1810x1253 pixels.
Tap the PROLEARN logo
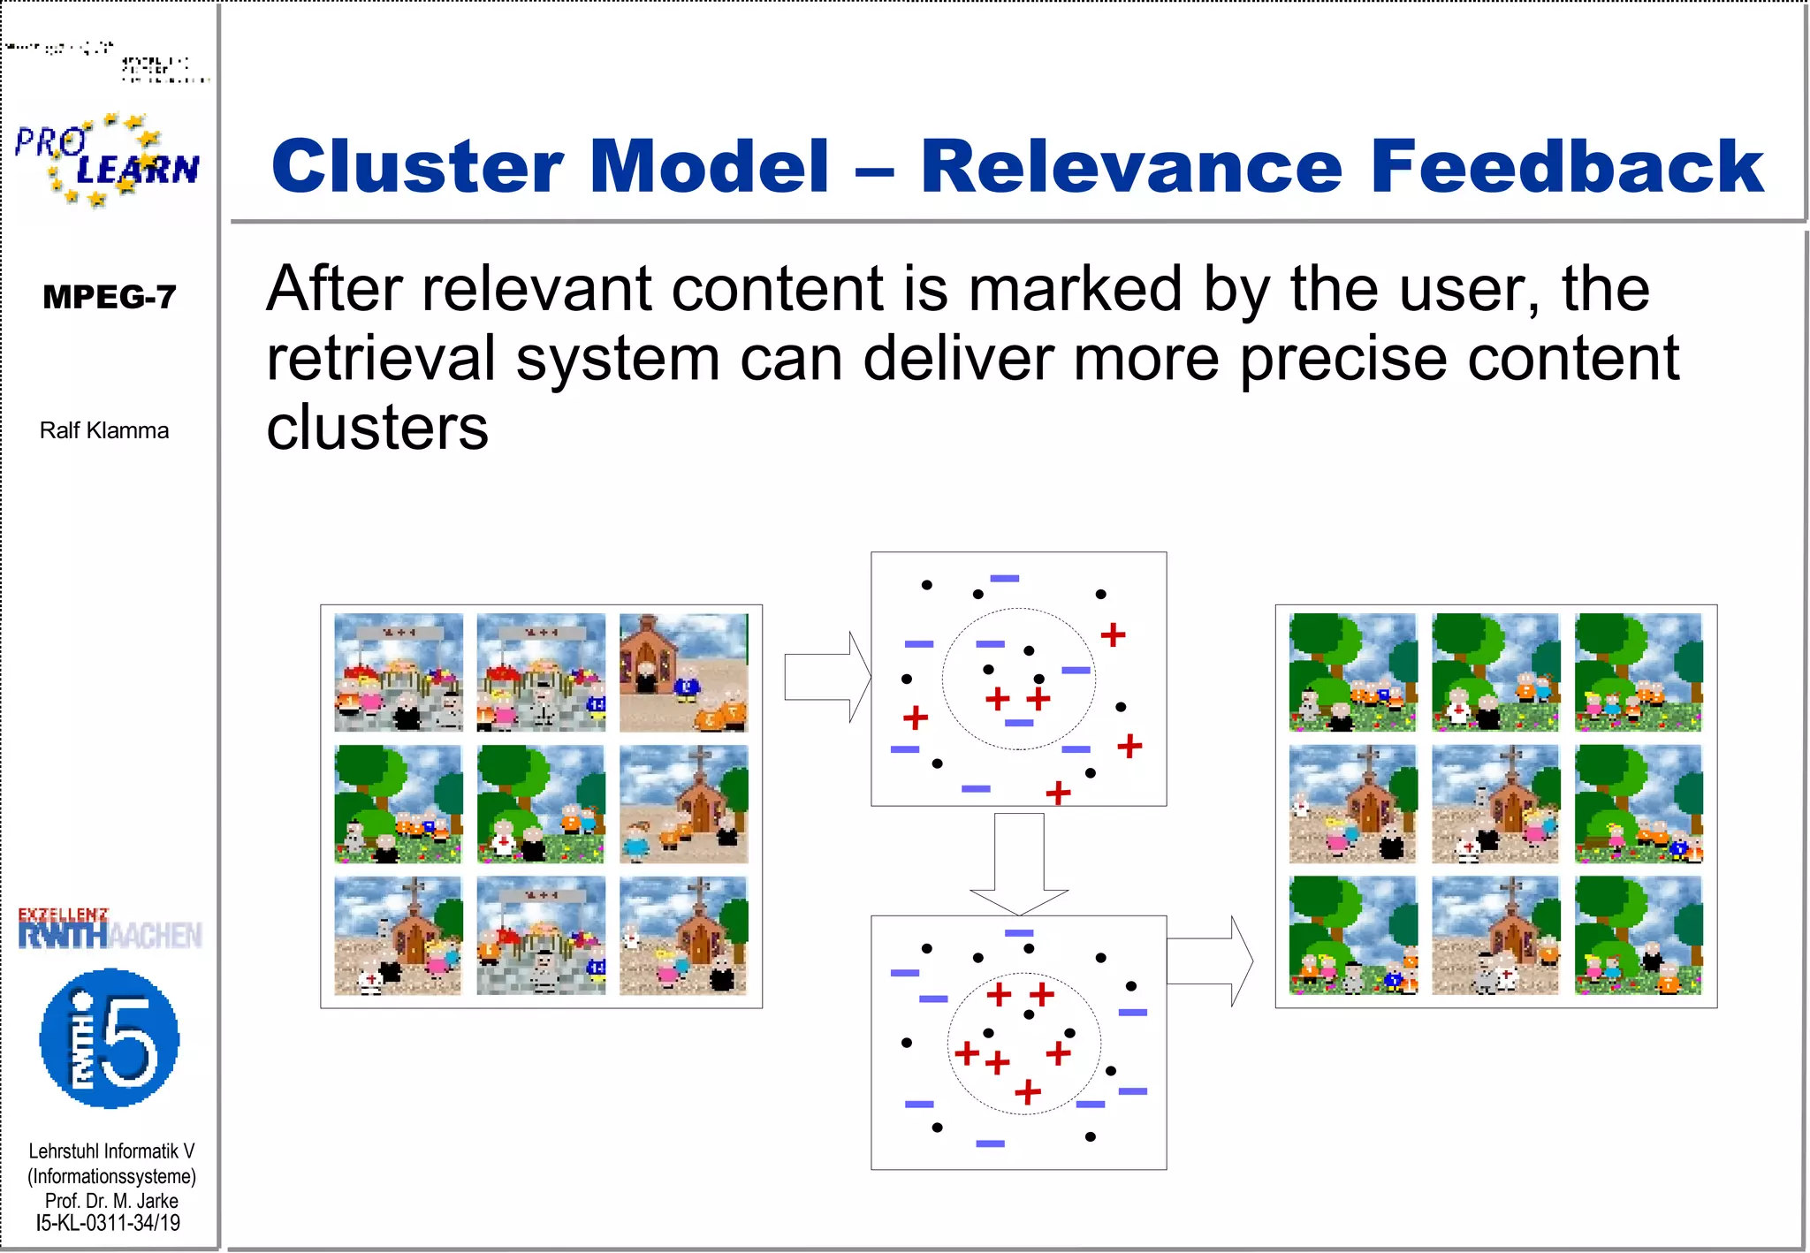(107, 160)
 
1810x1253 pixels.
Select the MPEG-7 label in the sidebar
(109, 297)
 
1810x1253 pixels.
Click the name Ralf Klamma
(104, 431)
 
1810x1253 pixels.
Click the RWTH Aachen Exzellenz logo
(110, 930)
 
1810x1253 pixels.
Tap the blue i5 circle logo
(110, 1038)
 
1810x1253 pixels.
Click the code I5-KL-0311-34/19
(108, 1224)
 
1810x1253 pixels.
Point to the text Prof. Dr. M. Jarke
(111, 1201)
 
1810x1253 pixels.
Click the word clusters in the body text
(377, 429)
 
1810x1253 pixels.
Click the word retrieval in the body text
(381, 359)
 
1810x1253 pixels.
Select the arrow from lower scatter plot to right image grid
(1209, 961)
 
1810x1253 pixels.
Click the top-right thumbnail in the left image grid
(683, 672)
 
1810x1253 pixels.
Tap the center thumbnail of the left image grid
(541, 804)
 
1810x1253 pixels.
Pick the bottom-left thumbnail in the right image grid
(1352, 936)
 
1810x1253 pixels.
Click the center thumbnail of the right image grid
(1495, 804)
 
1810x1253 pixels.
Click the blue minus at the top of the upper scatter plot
(1005, 579)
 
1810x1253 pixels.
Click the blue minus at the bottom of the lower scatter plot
(990, 1143)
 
